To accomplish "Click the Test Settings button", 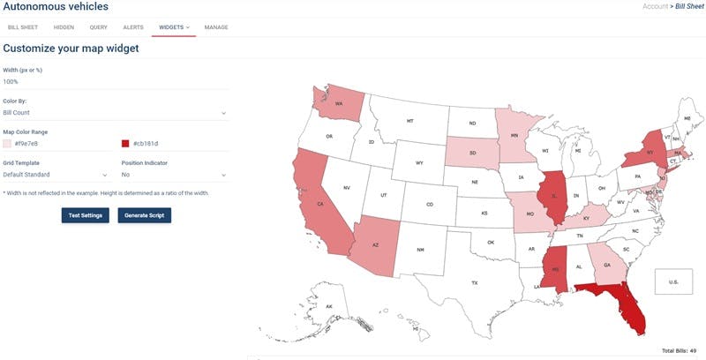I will tap(86, 215).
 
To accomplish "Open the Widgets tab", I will tap(174, 27).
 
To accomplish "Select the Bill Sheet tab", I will tap(22, 27).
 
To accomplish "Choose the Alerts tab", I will tap(134, 27).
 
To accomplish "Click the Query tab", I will tap(99, 27).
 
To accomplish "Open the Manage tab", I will tap(216, 27).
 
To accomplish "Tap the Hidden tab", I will tap(64, 27).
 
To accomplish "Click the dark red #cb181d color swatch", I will tap(125, 143).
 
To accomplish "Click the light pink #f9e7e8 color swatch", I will tap(7, 143).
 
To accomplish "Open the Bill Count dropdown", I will tap(114, 113).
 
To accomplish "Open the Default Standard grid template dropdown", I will tap(56, 175).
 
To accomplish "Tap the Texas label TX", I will tap(474, 282).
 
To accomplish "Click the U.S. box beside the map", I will tap(672, 281).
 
